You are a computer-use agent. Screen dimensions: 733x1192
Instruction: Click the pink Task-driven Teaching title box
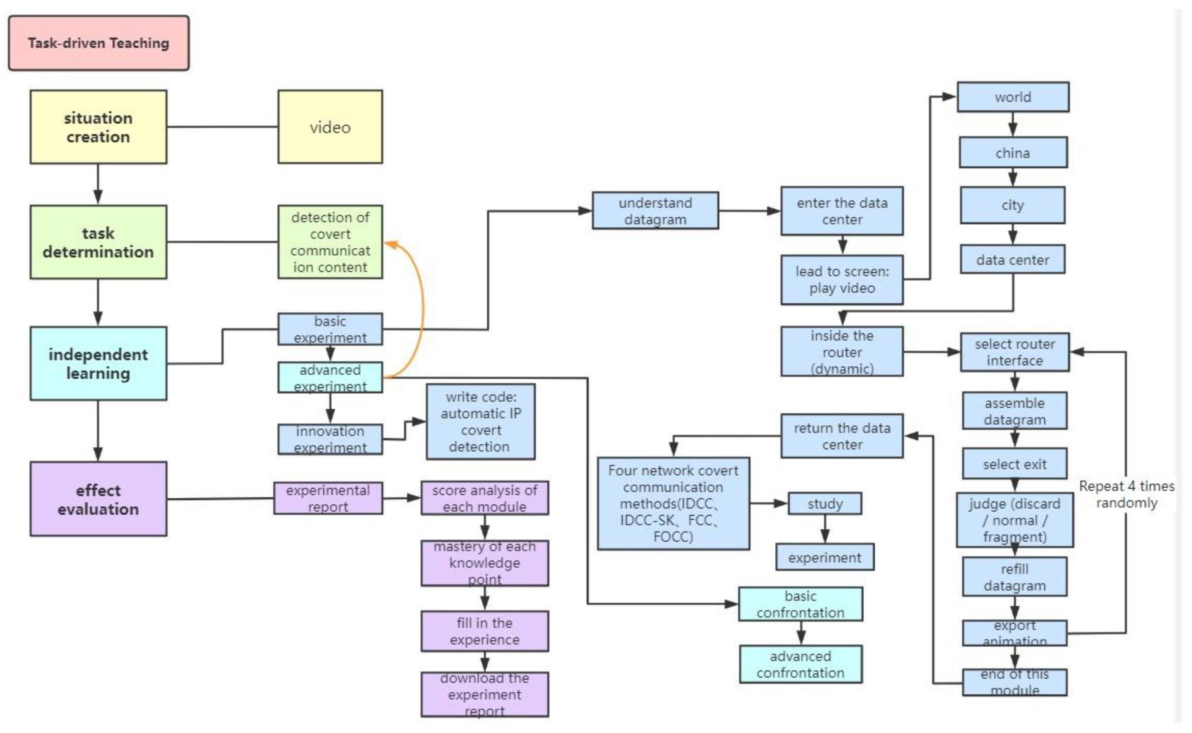point(99,43)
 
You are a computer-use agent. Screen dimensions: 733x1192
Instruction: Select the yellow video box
point(330,127)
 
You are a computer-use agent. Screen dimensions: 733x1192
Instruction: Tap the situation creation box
point(99,127)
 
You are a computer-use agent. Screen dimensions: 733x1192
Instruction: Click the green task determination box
point(99,242)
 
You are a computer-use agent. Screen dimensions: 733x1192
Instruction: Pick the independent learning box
point(99,364)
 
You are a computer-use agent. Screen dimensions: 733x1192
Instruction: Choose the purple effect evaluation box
point(99,499)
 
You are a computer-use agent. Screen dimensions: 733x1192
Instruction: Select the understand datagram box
point(655,211)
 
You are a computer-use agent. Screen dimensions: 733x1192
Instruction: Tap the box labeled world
point(1013,97)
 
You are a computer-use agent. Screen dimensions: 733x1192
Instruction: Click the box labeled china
point(1013,153)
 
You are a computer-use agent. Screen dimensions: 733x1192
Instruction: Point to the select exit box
point(1015,464)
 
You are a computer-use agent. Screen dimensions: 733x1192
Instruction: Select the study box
point(825,503)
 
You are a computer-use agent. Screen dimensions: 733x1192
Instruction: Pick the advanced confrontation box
point(800,664)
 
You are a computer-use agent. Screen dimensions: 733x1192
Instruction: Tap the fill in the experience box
point(485,631)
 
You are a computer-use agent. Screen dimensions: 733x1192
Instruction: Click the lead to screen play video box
point(842,280)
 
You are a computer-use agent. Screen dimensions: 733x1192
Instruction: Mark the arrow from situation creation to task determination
point(99,184)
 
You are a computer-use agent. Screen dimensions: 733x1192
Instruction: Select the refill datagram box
point(1015,577)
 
